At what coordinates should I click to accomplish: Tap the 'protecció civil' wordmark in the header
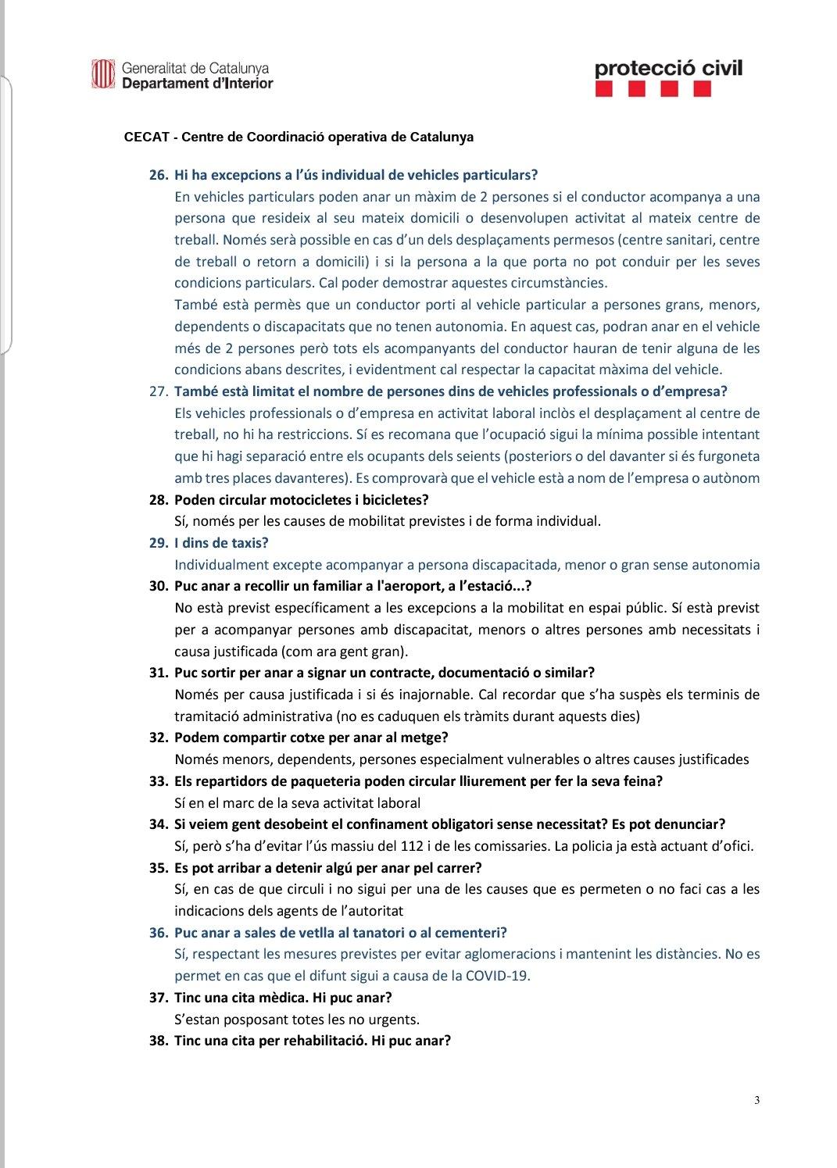coord(668,68)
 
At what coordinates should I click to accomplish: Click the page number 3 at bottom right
coord(757,1101)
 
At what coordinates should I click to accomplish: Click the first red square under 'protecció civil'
coord(603,91)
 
